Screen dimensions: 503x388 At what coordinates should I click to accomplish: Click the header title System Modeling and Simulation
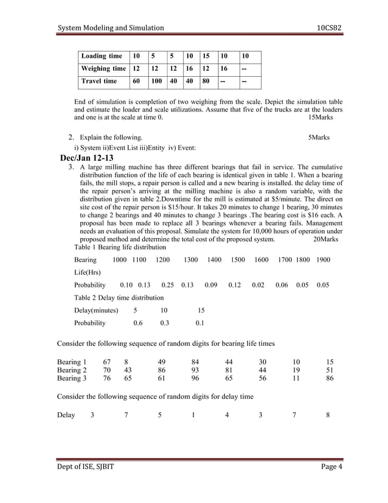coord(111,28)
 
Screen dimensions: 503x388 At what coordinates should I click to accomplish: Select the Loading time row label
coord(102,57)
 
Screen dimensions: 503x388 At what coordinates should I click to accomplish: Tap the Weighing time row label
coord(104,69)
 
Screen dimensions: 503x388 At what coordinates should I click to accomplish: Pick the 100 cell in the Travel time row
coord(156,81)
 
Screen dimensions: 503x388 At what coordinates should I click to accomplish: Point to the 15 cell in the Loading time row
coord(208,57)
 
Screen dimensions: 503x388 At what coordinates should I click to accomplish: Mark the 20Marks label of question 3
coord(327,239)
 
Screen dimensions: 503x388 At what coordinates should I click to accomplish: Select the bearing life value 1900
coord(323,260)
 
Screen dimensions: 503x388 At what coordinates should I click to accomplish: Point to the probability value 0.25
coord(168,285)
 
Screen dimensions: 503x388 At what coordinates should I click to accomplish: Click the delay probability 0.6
coord(138,323)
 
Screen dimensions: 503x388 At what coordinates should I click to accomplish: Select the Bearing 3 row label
coord(72,378)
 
